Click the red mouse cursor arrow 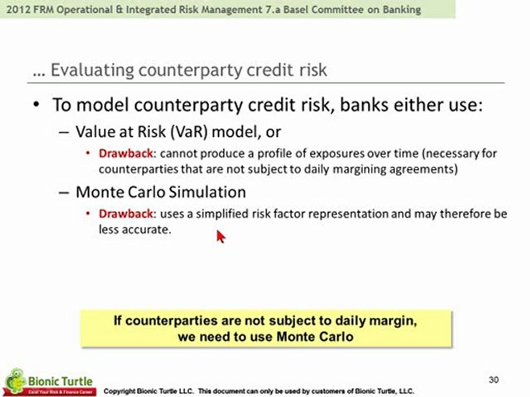click(x=221, y=237)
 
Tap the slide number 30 click(x=494, y=380)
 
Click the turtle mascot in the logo click(x=15, y=380)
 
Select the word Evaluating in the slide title click(x=92, y=70)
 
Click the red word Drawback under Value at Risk click(x=126, y=154)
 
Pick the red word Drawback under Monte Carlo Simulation click(x=126, y=214)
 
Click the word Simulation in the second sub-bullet click(x=207, y=192)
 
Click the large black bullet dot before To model click(x=36, y=105)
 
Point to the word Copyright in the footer click(x=119, y=391)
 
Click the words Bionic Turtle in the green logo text click(x=60, y=382)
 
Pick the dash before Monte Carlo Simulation click(x=63, y=193)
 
